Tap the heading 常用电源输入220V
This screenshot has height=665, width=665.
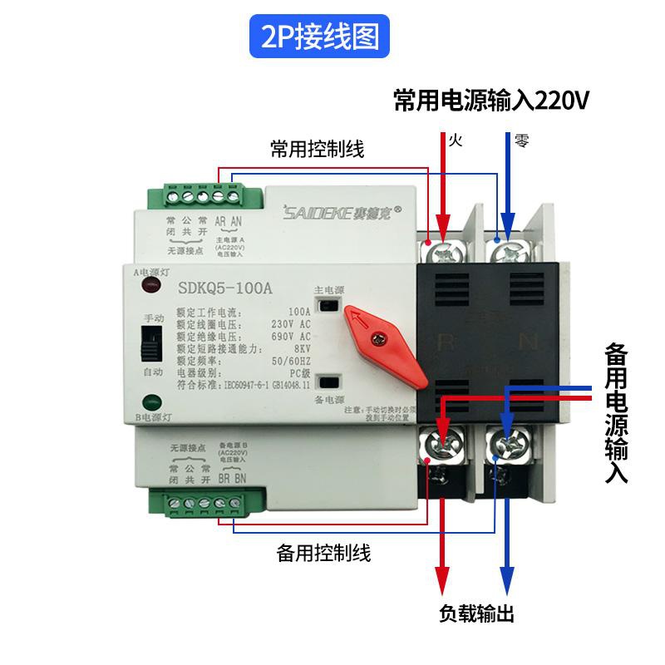pyautogui.click(x=491, y=101)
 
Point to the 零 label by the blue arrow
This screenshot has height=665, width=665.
pyautogui.click(x=521, y=140)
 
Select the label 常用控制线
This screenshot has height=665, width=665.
pyautogui.click(x=318, y=150)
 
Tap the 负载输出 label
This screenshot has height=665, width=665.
pyautogui.click(x=477, y=614)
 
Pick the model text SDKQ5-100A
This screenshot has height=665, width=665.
pyautogui.click(x=224, y=288)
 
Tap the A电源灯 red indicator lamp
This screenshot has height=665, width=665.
pyautogui.click(x=152, y=288)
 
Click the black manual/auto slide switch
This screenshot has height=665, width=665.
pyautogui.click(x=152, y=342)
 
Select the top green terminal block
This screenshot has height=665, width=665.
pyautogui.click(x=197, y=198)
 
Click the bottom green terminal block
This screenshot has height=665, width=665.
pyautogui.click(x=197, y=502)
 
